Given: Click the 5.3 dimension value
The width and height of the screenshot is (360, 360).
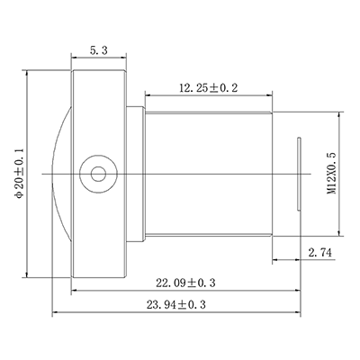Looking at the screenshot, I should point(98,53).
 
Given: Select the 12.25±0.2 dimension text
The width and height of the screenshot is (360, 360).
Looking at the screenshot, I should point(208,87).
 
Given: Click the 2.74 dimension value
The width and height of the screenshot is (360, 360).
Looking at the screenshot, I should point(320,253).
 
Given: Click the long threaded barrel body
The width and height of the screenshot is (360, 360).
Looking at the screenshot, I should point(207,170).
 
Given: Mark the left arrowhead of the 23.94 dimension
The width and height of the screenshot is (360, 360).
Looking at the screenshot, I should point(57,312).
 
